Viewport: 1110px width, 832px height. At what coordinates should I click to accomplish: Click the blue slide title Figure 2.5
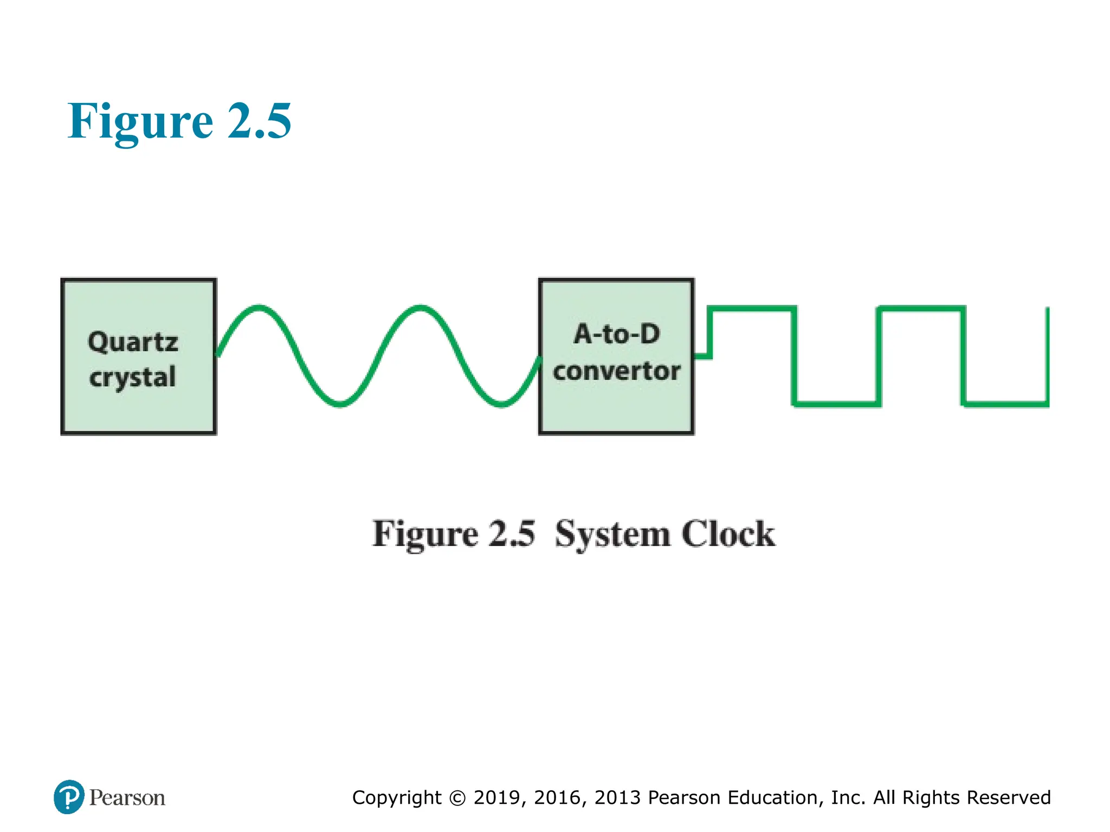click(x=179, y=121)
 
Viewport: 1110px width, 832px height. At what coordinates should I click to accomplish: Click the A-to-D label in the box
click(x=617, y=334)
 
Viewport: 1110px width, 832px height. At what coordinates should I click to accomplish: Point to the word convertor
click(x=617, y=372)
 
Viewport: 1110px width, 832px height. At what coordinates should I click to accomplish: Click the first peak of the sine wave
click(x=259, y=308)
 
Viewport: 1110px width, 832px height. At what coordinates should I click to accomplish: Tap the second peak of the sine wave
click(x=421, y=308)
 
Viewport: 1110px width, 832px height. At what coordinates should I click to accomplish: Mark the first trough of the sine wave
click(x=340, y=404)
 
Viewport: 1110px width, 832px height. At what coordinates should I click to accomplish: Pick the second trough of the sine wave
click(x=502, y=404)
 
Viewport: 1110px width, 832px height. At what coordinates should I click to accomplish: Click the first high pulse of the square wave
click(x=752, y=309)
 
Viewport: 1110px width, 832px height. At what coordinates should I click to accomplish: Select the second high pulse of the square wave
click(x=921, y=309)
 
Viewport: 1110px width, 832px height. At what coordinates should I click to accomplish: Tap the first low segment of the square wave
click(x=837, y=404)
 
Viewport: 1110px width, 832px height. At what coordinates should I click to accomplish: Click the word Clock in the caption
click(x=728, y=535)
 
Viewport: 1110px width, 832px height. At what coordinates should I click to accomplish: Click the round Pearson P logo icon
click(x=69, y=797)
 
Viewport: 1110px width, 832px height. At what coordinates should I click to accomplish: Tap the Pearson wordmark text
click(x=127, y=798)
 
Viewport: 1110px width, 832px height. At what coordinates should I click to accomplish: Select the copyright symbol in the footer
click(x=457, y=798)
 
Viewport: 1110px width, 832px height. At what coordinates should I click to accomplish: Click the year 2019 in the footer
click(x=497, y=798)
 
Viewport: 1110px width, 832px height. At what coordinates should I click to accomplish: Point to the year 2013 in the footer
click(x=618, y=798)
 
